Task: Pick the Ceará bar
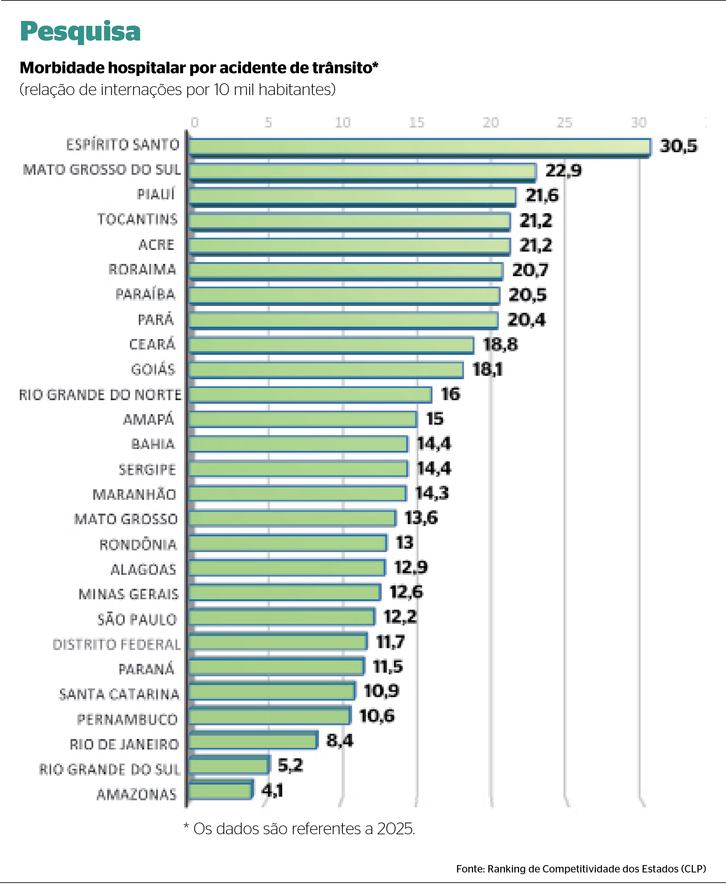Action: [x=331, y=345]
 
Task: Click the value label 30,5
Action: [x=678, y=146]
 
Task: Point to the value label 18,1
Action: [x=487, y=370]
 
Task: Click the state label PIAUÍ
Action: [x=156, y=194]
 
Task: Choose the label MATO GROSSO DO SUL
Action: [x=102, y=170]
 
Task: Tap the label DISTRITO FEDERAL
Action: [x=117, y=645]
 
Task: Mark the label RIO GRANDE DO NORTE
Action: [x=100, y=395]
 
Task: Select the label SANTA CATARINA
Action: [x=119, y=694]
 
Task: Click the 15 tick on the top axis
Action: [x=416, y=122]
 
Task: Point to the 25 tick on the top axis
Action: [x=564, y=122]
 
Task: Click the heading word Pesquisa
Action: [x=80, y=31]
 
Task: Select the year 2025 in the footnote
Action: [x=395, y=828]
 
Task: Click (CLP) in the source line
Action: [x=693, y=868]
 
